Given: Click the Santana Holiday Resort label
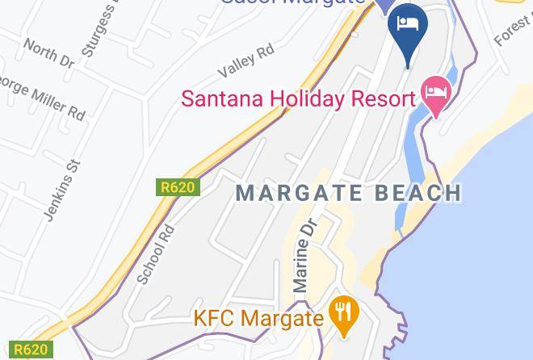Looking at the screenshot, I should tap(297, 98).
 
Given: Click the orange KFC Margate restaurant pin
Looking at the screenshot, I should tap(345, 314).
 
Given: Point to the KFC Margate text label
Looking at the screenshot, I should tap(258, 318).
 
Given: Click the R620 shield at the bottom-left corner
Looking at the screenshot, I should tap(31, 350).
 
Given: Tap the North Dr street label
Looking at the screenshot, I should tap(48, 53).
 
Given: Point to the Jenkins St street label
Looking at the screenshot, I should tap(64, 189).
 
